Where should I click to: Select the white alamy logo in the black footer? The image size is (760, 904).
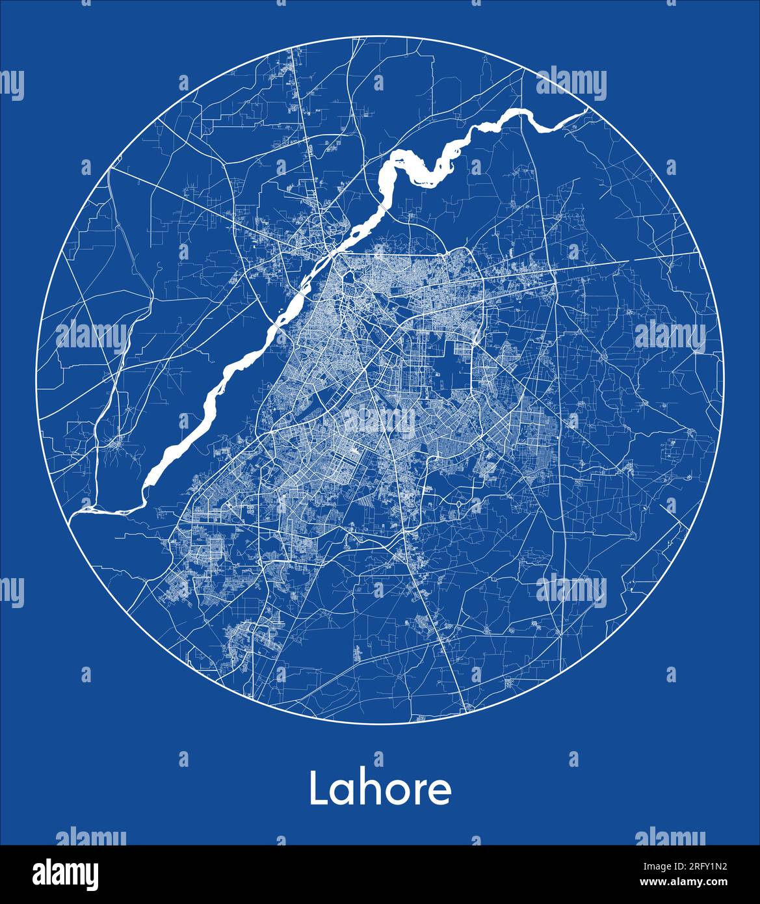(x=66, y=874)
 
